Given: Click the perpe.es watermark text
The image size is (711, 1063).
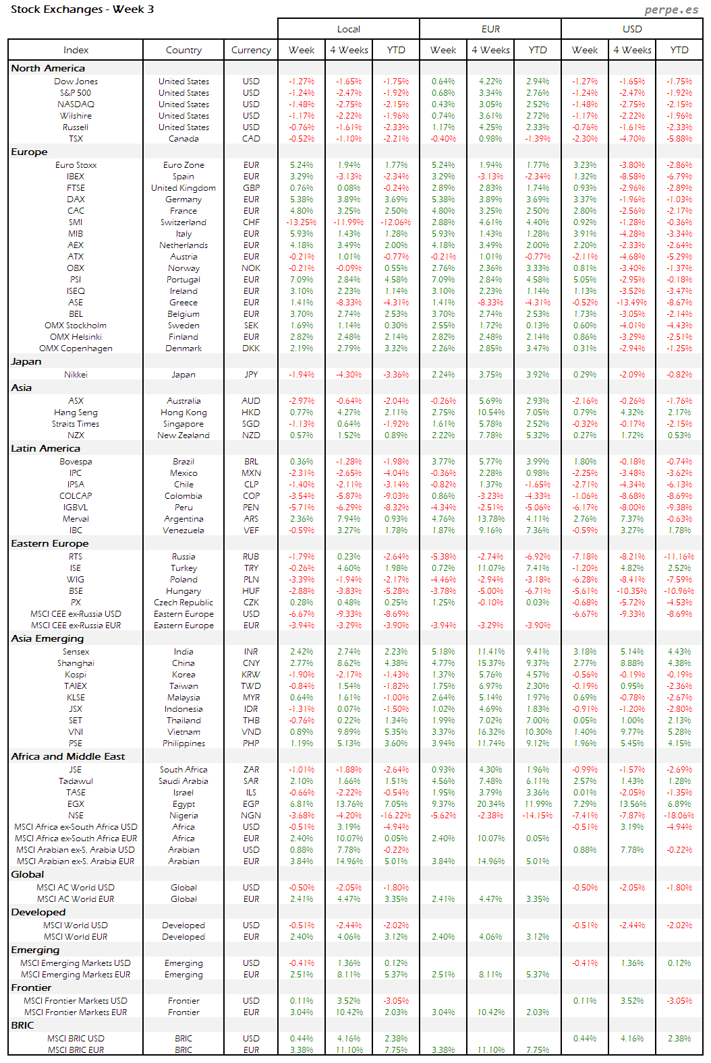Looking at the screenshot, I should (671, 9).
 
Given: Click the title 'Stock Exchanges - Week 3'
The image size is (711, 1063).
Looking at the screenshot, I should (82, 9).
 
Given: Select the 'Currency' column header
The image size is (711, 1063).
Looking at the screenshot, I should (251, 50).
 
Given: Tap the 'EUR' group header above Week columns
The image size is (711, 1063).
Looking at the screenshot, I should (490, 29).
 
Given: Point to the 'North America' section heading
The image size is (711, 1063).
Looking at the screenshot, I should (48, 68).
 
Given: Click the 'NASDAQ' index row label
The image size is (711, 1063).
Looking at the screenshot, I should (76, 104).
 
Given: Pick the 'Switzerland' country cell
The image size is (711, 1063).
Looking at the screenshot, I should (183, 222).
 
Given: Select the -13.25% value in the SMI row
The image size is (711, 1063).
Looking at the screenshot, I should (302, 222).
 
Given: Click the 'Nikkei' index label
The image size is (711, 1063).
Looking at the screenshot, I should (76, 375).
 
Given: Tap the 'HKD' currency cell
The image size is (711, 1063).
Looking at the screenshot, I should (251, 413).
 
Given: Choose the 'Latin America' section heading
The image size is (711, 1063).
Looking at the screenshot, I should (45, 448).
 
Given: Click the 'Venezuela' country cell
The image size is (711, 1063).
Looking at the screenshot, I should (183, 530).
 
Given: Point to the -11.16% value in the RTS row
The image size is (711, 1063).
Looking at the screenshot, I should (679, 557).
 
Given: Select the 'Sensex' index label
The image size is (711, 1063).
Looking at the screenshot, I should (76, 652).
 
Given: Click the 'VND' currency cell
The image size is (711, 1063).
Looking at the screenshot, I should (251, 732).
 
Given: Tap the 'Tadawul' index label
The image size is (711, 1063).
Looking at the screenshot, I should (76, 781).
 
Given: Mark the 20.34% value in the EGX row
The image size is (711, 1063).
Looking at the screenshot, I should (490, 804).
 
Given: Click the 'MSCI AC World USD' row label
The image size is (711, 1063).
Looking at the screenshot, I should (76, 888).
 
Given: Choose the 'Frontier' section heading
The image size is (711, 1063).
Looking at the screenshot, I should (31, 988).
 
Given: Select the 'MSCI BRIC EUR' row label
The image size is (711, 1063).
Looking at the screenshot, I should (76, 1050).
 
